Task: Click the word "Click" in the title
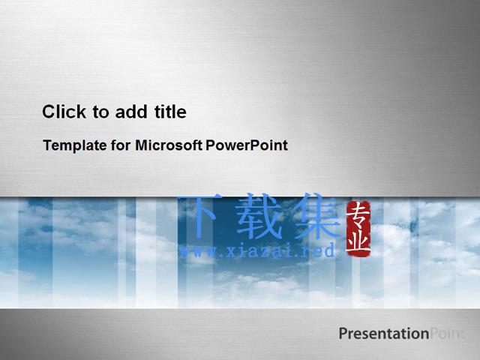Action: coord(64,112)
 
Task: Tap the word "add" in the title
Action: coord(131,112)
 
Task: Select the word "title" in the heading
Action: coord(170,112)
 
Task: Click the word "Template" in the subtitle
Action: coord(75,145)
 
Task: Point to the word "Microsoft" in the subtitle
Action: coord(169,145)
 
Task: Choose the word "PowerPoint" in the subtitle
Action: coord(247,145)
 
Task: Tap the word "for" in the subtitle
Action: coord(121,145)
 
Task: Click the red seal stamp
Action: coord(358,229)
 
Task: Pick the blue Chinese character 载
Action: coord(259,217)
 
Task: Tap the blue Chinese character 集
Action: coord(316,216)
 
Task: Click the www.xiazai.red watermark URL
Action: coord(257,251)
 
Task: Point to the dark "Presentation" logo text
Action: coord(384,334)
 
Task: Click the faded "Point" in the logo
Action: coord(448,334)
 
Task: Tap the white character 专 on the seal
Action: coord(358,216)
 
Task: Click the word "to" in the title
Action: coord(100,112)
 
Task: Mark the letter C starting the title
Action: coord(49,112)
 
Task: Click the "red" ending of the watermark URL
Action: coord(323,250)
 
